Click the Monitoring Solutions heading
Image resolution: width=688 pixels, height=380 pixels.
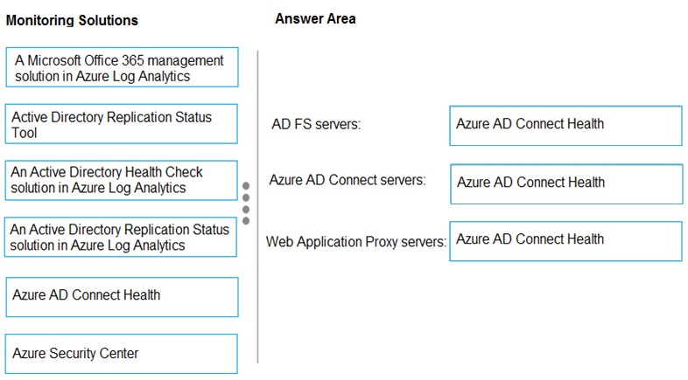pos(72,20)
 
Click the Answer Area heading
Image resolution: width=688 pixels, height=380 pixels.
pos(315,19)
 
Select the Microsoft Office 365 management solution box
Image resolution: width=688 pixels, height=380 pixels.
pos(122,67)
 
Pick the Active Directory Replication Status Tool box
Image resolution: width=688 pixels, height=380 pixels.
pos(122,124)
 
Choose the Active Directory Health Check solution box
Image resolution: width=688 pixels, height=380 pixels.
pos(122,180)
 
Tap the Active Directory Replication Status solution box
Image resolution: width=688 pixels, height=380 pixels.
pos(121,237)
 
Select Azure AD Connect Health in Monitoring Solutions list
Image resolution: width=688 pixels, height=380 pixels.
pos(122,297)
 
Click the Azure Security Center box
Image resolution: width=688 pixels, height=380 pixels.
pos(122,354)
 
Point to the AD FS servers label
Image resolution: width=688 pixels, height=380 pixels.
pos(316,124)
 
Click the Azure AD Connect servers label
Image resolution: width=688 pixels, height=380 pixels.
pos(348,180)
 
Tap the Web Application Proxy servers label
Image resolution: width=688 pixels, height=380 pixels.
pos(356,242)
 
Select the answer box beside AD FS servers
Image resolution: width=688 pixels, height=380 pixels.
pos(566,126)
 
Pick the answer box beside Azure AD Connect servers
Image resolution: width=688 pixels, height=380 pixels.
pos(566,183)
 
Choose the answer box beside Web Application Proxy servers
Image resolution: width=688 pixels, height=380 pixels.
pos(566,241)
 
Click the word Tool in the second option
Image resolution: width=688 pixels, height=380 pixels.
pos(25,133)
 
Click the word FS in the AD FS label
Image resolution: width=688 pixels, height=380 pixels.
pos(302,124)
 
